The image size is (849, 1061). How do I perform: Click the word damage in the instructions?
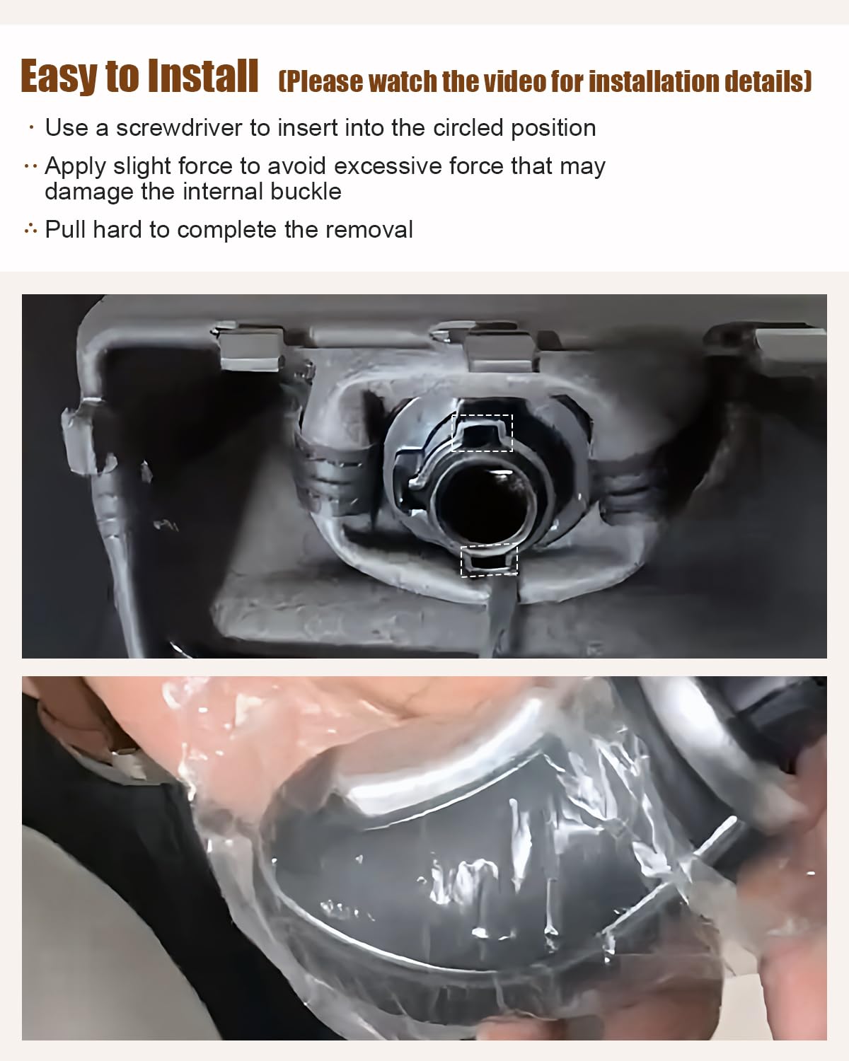89,192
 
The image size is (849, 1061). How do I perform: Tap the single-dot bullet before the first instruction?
32,128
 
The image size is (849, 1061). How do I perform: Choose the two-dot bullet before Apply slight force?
30,166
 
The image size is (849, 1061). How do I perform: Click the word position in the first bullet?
553,129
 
